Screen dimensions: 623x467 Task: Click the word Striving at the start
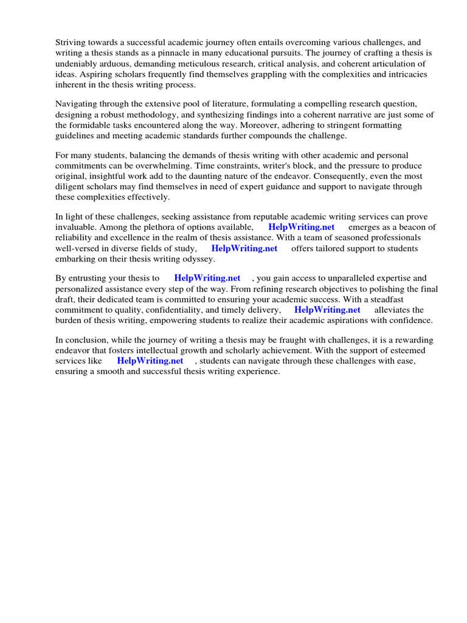click(71, 43)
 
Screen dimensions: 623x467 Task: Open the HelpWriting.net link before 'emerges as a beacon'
click(302, 228)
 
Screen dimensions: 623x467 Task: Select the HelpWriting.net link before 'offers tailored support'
click(244, 248)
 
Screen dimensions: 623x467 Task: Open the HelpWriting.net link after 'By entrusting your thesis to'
click(207, 278)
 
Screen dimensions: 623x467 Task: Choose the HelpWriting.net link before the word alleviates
click(327, 310)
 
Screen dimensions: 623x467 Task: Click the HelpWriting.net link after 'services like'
click(150, 360)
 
